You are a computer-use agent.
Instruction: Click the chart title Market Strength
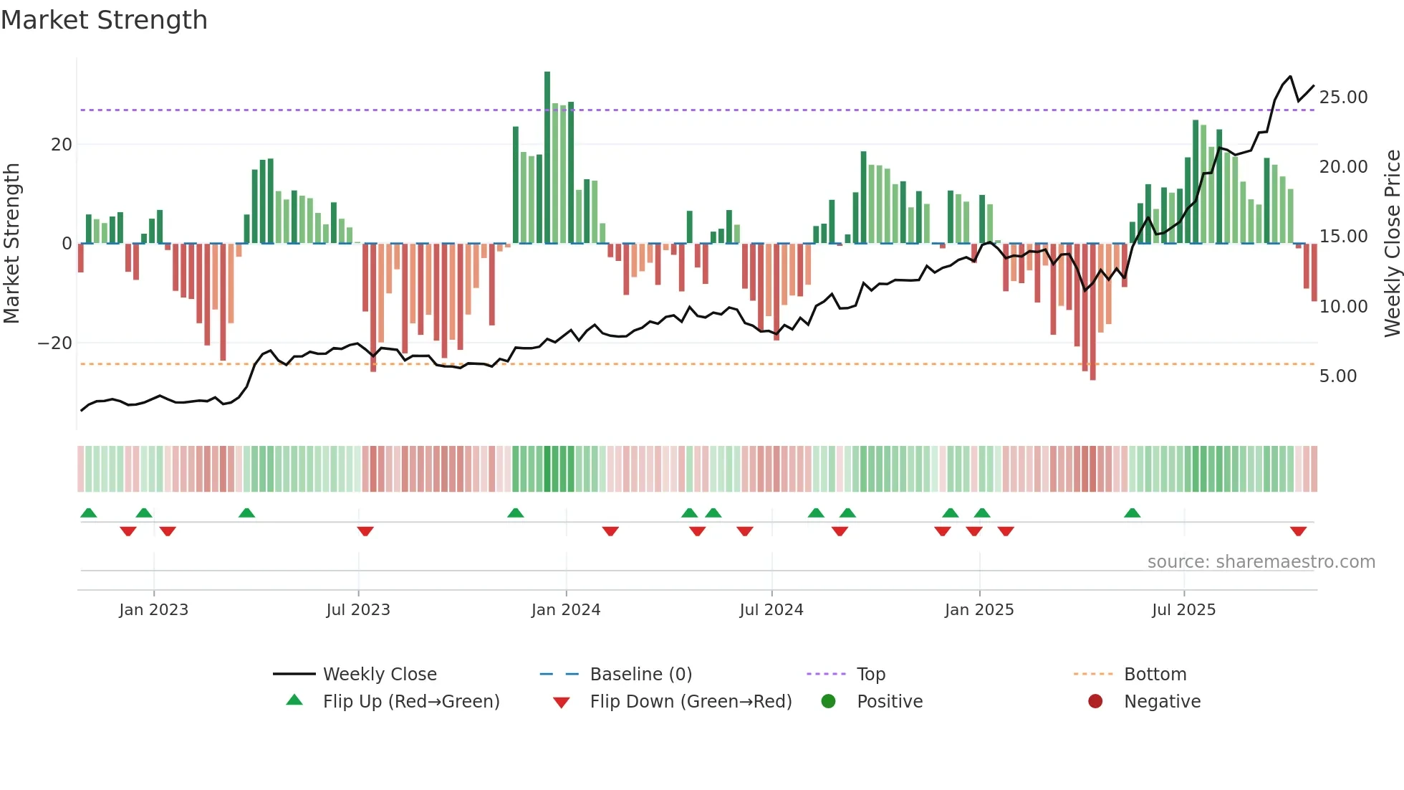[104, 20]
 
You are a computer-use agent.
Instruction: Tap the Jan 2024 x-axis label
[565, 610]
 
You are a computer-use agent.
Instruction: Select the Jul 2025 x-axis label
[1183, 610]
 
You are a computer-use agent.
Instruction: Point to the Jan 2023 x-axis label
[153, 610]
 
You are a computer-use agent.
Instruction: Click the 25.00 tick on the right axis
[1343, 97]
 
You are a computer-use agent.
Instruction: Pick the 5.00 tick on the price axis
[1337, 376]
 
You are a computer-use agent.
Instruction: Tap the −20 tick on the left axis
[55, 343]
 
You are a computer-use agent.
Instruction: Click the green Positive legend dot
[829, 702]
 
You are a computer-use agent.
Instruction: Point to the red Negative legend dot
[1095, 702]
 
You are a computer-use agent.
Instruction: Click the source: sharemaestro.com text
[1261, 562]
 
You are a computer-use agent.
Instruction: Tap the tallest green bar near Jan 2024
[547, 158]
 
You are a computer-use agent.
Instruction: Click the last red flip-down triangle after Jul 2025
[1298, 531]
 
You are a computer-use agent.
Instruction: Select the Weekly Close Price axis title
[1392, 244]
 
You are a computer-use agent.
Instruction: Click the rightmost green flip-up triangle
[1132, 513]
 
